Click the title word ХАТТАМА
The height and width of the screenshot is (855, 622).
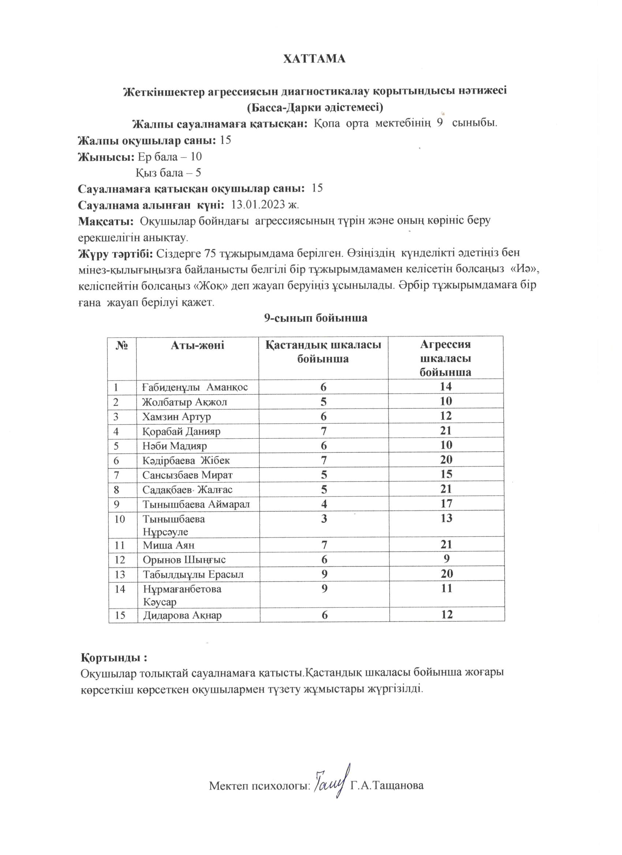click(x=314, y=59)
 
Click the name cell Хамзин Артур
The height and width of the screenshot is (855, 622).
click(x=176, y=417)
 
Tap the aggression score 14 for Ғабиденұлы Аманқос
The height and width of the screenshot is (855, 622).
click(x=446, y=387)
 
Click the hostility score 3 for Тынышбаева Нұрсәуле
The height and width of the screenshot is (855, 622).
click(x=324, y=519)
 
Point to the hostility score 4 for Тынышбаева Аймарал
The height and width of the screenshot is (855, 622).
click(x=324, y=504)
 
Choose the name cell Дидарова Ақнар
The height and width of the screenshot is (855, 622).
click(x=182, y=615)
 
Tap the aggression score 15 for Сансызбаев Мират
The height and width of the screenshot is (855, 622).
click(x=446, y=474)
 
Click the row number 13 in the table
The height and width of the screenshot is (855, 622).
click(x=119, y=575)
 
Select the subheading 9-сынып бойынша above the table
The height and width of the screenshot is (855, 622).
click(x=315, y=318)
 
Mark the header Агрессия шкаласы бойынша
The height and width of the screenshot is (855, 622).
click(x=446, y=358)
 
